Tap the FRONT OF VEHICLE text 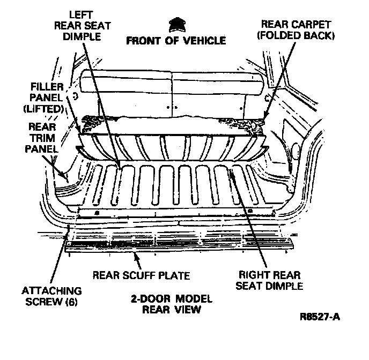[176, 40]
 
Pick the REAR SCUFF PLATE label [142, 276]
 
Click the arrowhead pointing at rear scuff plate [137, 257]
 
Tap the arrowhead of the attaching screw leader [69, 228]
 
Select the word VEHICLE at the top [203, 40]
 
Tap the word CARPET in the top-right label [312, 24]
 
